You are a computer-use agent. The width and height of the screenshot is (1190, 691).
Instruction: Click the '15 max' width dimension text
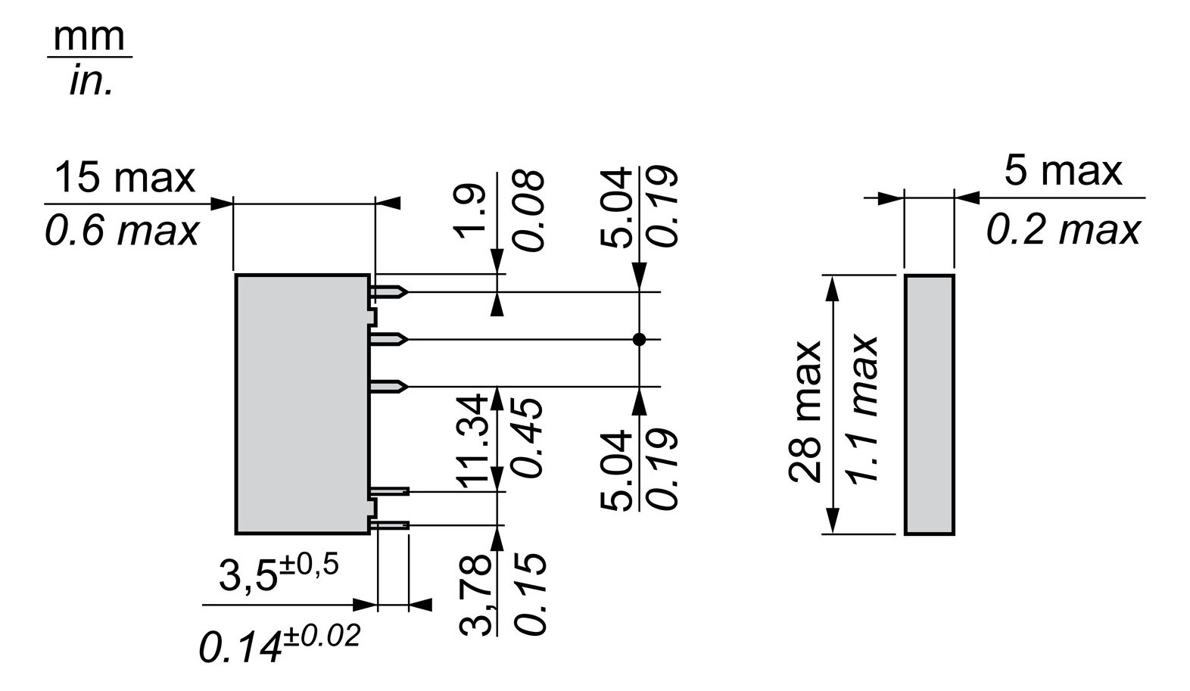pyautogui.click(x=125, y=178)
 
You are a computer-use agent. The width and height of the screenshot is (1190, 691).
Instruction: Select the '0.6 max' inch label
pyautogui.click(x=121, y=231)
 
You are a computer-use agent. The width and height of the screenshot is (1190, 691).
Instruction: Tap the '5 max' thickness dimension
pyautogui.click(x=1062, y=171)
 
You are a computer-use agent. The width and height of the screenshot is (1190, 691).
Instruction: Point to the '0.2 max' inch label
pyautogui.click(x=1062, y=229)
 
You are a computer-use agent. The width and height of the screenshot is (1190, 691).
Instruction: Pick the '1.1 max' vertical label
pyautogui.click(x=861, y=409)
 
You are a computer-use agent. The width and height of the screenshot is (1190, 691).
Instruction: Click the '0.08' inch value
pyautogui.click(x=528, y=210)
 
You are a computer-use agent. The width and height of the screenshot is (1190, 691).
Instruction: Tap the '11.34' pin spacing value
pyautogui.click(x=472, y=439)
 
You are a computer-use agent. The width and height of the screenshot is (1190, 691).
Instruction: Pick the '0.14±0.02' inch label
pyautogui.click(x=279, y=643)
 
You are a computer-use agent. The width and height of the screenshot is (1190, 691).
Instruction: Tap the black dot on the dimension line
pyautogui.click(x=639, y=340)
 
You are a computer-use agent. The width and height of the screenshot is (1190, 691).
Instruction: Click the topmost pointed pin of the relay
pyautogui.click(x=391, y=291)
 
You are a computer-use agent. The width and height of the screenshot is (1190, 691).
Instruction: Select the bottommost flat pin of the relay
pyautogui.click(x=391, y=524)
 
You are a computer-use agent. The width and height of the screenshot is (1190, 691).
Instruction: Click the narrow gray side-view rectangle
pyautogui.click(x=929, y=405)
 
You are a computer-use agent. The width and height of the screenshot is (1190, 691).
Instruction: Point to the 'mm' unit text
pyautogui.click(x=89, y=38)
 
